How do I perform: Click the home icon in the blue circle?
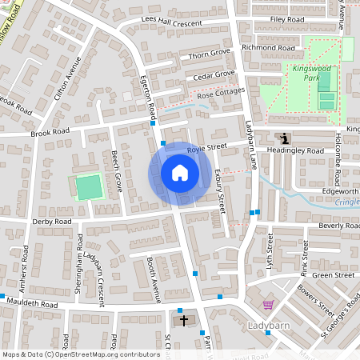point(180,173)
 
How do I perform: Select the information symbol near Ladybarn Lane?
point(282,138)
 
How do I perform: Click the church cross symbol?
point(184,321)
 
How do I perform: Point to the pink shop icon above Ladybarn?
point(267,305)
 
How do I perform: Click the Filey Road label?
point(287,18)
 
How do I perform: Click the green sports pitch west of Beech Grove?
point(89,187)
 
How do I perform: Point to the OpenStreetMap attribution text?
point(81,354)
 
